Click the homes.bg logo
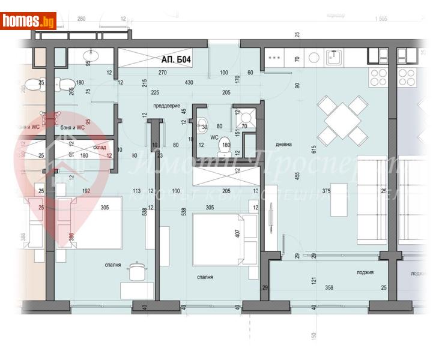coord(28,21)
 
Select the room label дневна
coord(283,144)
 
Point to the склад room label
coord(100,146)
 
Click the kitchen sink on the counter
coord(333,57)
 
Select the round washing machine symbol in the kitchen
coord(313,58)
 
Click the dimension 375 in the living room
coord(342,191)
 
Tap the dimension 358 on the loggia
coord(329,288)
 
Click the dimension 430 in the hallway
coord(189,82)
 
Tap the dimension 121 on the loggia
coord(313,280)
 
